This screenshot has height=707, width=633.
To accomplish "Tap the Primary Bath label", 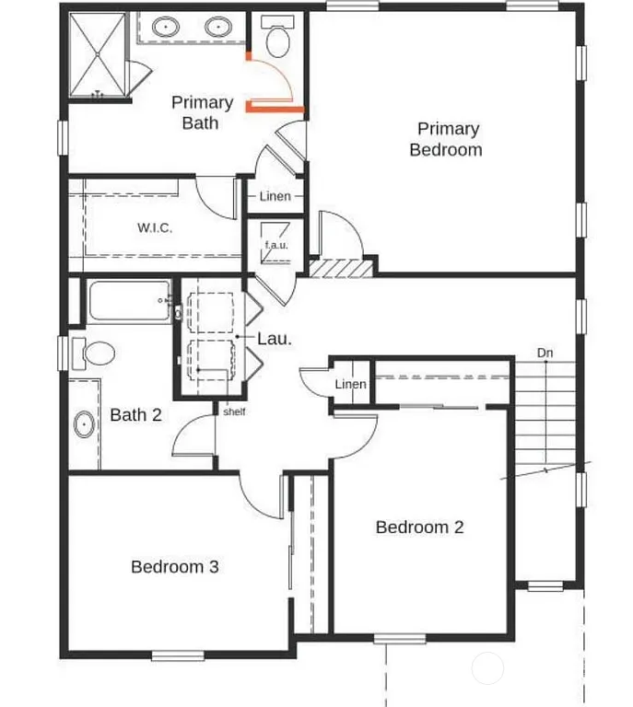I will [x=202, y=111].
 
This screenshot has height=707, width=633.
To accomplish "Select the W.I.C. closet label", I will [x=155, y=227].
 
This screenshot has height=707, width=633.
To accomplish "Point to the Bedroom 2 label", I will [x=419, y=527].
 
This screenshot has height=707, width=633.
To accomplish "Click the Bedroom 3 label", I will [x=174, y=567].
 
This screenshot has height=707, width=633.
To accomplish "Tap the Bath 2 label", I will [x=135, y=415].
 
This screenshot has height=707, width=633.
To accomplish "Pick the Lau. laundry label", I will [x=275, y=339].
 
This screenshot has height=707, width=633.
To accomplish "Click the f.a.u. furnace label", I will [x=276, y=245].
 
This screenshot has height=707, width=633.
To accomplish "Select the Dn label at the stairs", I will [x=545, y=353].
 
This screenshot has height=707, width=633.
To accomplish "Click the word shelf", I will [x=234, y=411].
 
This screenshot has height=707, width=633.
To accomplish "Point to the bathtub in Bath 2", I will [x=130, y=300].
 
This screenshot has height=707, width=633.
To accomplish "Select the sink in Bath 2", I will [x=84, y=425].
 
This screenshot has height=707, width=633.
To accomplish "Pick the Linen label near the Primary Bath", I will [x=275, y=196].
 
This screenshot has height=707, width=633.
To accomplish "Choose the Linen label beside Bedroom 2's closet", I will [x=350, y=384].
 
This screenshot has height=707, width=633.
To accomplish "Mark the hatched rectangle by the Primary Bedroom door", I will [x=342, y=267].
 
